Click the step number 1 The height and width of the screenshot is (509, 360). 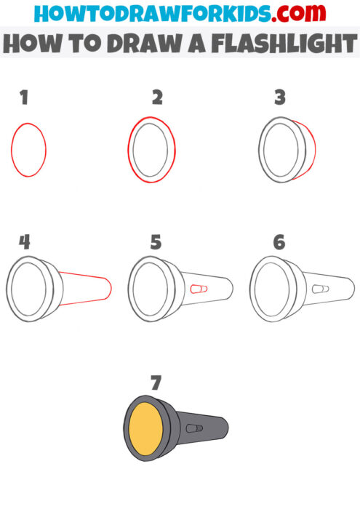(x=24, y=98)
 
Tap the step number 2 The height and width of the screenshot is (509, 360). (x=156, y=98)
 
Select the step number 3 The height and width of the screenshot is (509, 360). (x=280, y=98)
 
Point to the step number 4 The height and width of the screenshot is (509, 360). (x=25, y=243)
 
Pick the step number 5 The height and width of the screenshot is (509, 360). (x=156, y=243)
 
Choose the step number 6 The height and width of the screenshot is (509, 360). (x=280, y=243)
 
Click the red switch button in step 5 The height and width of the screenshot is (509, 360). (x=197, y=289)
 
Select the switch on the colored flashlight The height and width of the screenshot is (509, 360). (x=193, y=428)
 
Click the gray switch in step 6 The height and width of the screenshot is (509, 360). (x=318, y=289)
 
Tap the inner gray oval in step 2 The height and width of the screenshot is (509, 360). (x=153, y=149)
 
